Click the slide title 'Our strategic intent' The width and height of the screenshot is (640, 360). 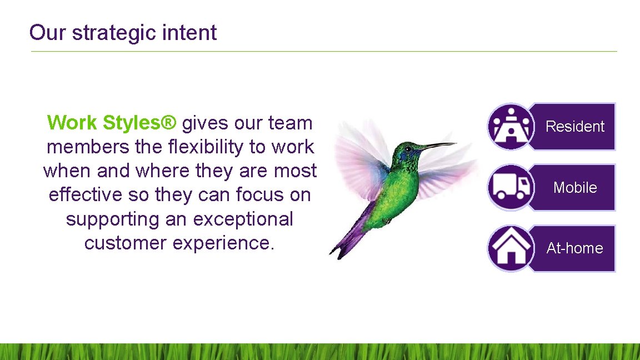pyautogui.click(x=123, y=33)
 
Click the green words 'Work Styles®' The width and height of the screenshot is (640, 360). pyautogui.click(x=112, y=123)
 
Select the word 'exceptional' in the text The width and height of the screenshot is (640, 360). pyautogui.click(x=243, y=219)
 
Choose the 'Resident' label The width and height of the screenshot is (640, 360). pyautogui.click(x=574, y=127)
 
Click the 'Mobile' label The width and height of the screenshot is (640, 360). pyautogui.click(x=574, y=188)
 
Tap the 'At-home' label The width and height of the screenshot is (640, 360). pyautogui.click(x=574, y=248)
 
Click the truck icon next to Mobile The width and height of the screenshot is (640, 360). pyautogui.click(x=511, y=187)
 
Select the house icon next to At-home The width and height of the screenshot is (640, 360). pyautogui.click(x=511, y=248)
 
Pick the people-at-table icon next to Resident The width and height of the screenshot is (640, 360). pyautogui.click(x=511, y=127)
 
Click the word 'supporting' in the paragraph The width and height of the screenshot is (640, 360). pyautogui.click(x=113, y=219)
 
